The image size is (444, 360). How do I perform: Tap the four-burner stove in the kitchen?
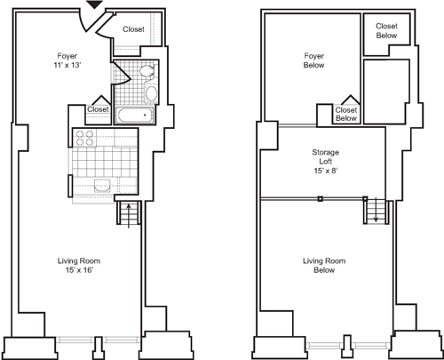coord(85,138)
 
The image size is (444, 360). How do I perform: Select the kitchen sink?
coord(101,185)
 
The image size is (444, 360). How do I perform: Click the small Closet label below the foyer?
coord(98,108)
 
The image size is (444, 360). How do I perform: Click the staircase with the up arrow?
coord(129,216)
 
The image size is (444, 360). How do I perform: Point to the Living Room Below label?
coord(323,265)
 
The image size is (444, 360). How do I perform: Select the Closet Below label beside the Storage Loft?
coord(345,113)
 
